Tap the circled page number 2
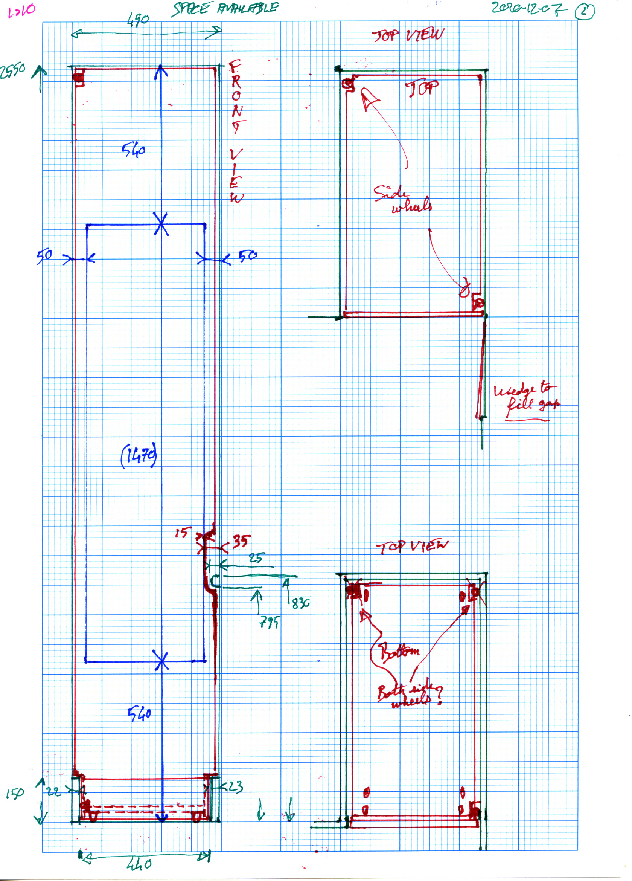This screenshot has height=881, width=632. [584, 11]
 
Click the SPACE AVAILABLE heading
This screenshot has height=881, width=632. [225, 8]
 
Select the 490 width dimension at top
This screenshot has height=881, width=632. [137, 20]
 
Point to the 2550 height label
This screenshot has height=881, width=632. [12, 71]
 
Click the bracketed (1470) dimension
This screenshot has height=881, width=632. [139, 455]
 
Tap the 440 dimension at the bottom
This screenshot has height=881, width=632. [139, 864]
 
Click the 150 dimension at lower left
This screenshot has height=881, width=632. [15, 792]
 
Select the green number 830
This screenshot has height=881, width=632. [300, 603]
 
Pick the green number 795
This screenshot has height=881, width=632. [269, 622]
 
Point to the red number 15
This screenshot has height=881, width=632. [183, 532]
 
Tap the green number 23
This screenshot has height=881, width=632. [235, 786]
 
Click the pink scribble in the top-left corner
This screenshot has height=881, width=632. [21, 11]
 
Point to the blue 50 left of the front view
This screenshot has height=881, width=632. [44, 256]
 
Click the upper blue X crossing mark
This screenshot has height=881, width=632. [161, 224]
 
